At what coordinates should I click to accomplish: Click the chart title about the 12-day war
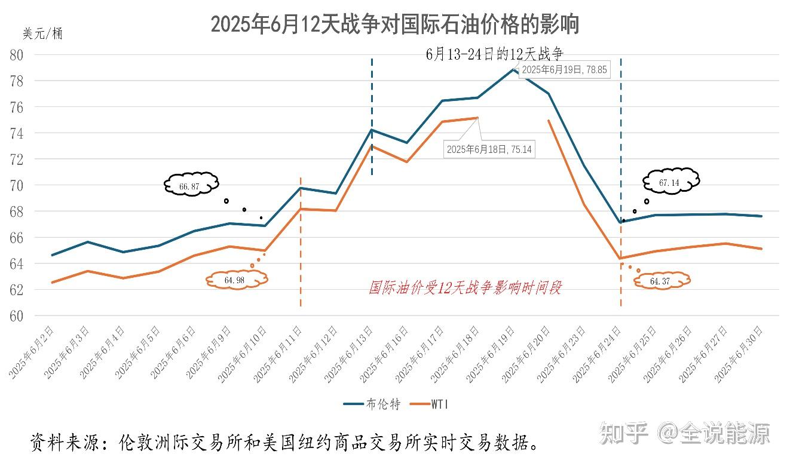coord(394,24)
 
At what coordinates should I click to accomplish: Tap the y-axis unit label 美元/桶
coord(42,34)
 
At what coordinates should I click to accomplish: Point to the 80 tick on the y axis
coord(16,55)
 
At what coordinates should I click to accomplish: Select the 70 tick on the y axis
coord(16,186)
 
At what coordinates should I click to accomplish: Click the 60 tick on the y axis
coord(16,316)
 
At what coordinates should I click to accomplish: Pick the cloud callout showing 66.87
coord(190,186)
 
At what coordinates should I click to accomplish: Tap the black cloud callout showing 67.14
coord(670,182)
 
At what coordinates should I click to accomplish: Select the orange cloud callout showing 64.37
coord(661,281)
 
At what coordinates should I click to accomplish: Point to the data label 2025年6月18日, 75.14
coord(489,149)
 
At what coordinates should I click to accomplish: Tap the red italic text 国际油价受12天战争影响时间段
coord(465,289)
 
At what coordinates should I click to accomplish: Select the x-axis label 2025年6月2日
coord(33,352)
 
